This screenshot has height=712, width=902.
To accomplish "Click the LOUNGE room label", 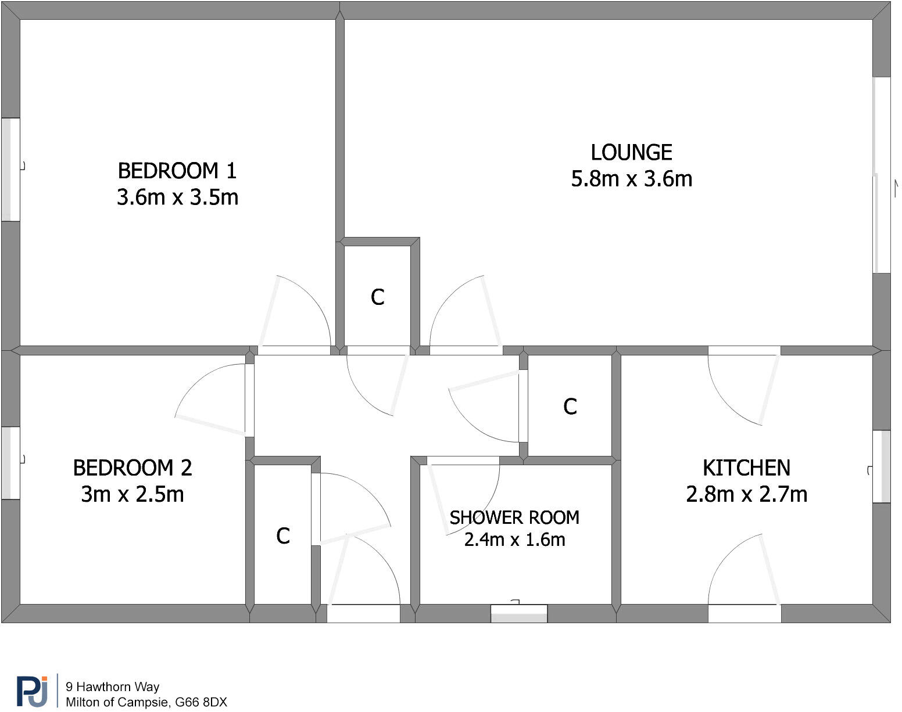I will [631, 153].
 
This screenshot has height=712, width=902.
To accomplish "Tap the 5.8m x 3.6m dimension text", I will [631, 179].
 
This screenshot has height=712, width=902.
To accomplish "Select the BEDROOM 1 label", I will [177, 171].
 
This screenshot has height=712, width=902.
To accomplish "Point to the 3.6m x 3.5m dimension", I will [177, 197].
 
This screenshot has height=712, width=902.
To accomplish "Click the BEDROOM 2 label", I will [133, 468].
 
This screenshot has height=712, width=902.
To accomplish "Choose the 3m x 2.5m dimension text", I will [133, 494].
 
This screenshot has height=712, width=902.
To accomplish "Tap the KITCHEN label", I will [746, 468].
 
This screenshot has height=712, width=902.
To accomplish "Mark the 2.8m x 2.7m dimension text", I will [746, 494].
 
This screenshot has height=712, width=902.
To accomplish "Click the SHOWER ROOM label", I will [514, 517].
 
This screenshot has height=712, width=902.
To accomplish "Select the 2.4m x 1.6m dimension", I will [514, 540].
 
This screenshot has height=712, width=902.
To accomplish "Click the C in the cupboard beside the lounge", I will [378, 297].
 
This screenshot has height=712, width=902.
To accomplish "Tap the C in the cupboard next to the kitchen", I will [570, 407].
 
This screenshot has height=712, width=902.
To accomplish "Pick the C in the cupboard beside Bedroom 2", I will [283, 536].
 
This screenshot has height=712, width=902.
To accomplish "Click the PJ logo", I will [33, 691].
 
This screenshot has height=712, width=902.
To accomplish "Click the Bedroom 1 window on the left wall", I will [10, 170].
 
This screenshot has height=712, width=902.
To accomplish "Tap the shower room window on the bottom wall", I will [519, 614].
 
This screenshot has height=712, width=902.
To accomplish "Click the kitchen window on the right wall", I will [882, 466].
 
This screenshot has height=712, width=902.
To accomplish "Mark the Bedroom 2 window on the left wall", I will [10, 463].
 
